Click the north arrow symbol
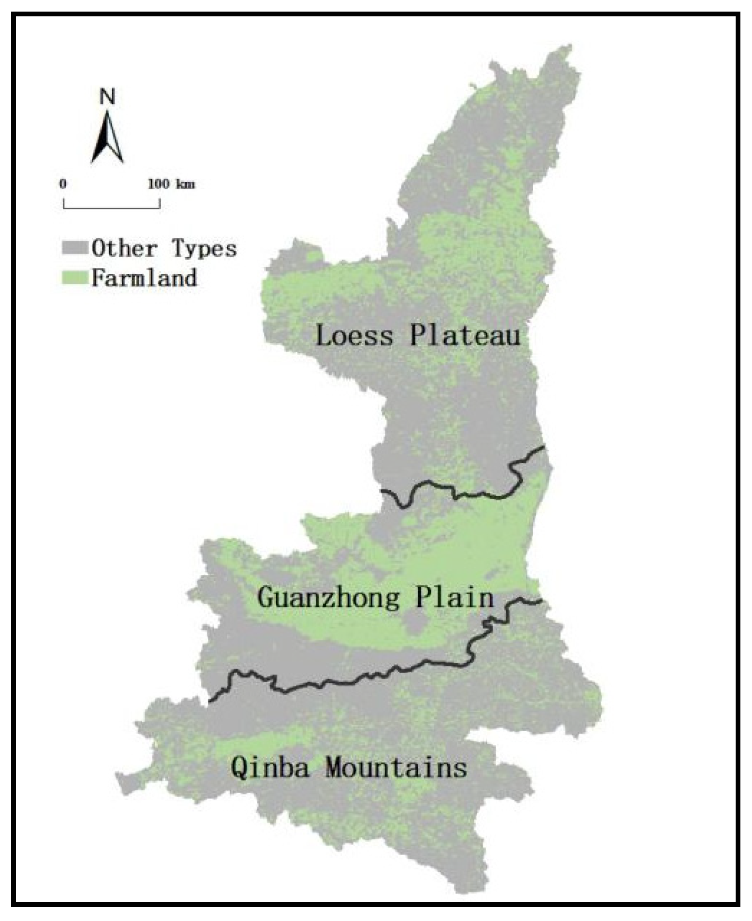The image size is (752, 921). click(x=108, y=138)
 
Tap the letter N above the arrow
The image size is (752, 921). click(x=108, y=97)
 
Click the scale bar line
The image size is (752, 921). click(x=111, y=208)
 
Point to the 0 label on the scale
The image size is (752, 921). click(x=63, y=184)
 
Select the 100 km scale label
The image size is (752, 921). click(x=171, y=184)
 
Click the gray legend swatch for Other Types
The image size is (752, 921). click(x=75, y=248)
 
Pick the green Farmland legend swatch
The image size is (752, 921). click(x=75, y=277)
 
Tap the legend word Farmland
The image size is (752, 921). click(x=144, y=278)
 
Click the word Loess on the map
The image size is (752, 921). click(x=354, y=335)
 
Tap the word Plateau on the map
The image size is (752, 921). click(x=465, y=335)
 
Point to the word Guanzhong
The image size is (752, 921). click(x=328, y=598)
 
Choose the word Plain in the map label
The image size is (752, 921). click(x=455, y=597)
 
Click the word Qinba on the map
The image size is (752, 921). click(x=270, y=767)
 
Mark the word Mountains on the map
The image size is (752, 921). click(x=396, y=767)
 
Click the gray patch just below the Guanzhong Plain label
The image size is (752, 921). click(x=415, y=625)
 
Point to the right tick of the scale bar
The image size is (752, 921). click(x=160, y=203)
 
